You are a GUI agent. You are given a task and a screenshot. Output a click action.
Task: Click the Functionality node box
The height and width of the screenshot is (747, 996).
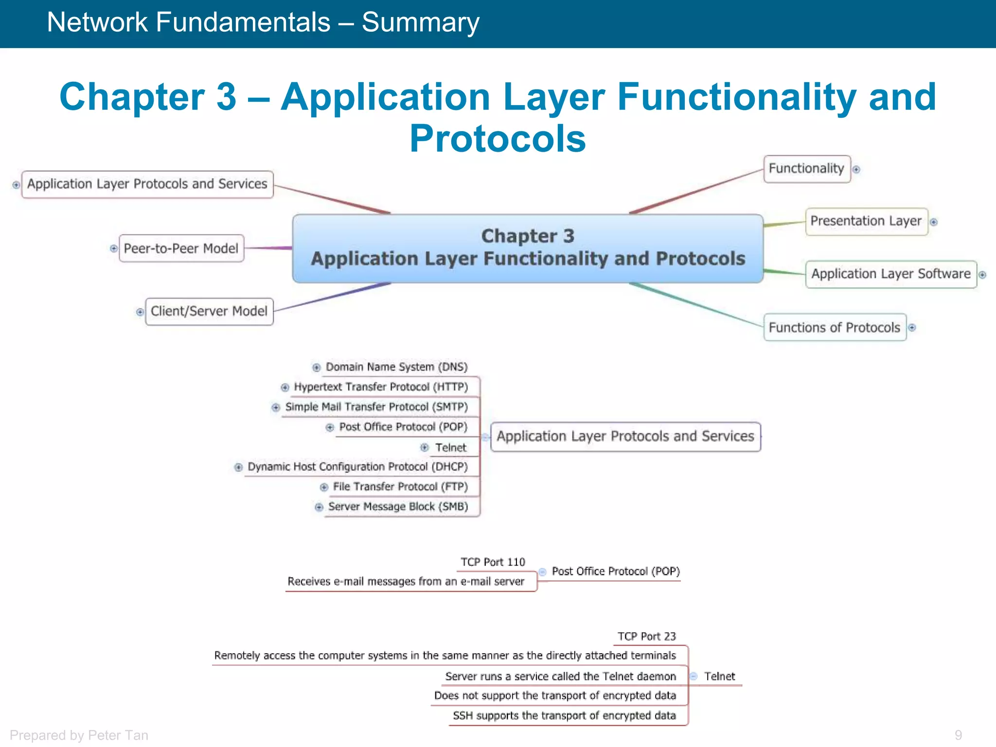(806, 169)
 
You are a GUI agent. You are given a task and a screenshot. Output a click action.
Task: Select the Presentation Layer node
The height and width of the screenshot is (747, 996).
(866, 221)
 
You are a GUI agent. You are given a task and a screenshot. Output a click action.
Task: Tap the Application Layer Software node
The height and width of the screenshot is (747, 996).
(890, 274)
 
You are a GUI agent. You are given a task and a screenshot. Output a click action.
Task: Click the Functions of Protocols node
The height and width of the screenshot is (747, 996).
(834, 327)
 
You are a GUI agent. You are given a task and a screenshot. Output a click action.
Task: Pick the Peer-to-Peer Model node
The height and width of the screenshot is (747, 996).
(181, 249)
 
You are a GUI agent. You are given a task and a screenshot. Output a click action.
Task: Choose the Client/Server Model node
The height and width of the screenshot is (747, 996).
(209, 311)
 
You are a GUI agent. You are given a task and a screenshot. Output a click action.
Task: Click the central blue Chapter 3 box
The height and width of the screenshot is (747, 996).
(528, 248)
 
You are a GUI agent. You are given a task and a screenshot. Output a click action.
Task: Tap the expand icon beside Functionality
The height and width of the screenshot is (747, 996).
(856, 169)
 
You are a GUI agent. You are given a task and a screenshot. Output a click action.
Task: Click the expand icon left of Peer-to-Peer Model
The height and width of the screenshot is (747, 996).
(114, 249)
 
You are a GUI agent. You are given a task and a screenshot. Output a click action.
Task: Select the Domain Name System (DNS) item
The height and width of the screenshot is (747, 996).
(396, 367)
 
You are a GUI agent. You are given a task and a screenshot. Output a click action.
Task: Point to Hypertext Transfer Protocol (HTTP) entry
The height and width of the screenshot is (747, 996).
(381, 387)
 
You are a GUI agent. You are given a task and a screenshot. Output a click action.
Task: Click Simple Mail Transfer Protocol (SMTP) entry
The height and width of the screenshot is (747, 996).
(376, 407)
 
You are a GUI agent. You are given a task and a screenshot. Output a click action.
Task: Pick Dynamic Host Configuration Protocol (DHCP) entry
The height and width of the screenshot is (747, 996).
(357, 467)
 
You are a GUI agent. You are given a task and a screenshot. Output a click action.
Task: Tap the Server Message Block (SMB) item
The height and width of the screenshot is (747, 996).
(398, 507)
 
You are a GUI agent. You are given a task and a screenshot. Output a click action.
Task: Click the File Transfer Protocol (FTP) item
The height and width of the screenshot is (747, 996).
(400, 487)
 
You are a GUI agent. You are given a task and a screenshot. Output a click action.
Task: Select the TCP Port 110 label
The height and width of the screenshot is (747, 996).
(493, 562)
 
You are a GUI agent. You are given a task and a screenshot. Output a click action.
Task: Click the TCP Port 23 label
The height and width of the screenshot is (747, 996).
(646, 637)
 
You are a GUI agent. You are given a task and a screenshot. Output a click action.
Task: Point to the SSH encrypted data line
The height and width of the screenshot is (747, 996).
(564, 716)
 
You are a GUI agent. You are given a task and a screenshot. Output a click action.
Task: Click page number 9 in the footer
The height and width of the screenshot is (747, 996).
(958, 735)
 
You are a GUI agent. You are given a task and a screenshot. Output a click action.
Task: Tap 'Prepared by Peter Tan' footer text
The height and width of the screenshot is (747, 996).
(79, 735)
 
